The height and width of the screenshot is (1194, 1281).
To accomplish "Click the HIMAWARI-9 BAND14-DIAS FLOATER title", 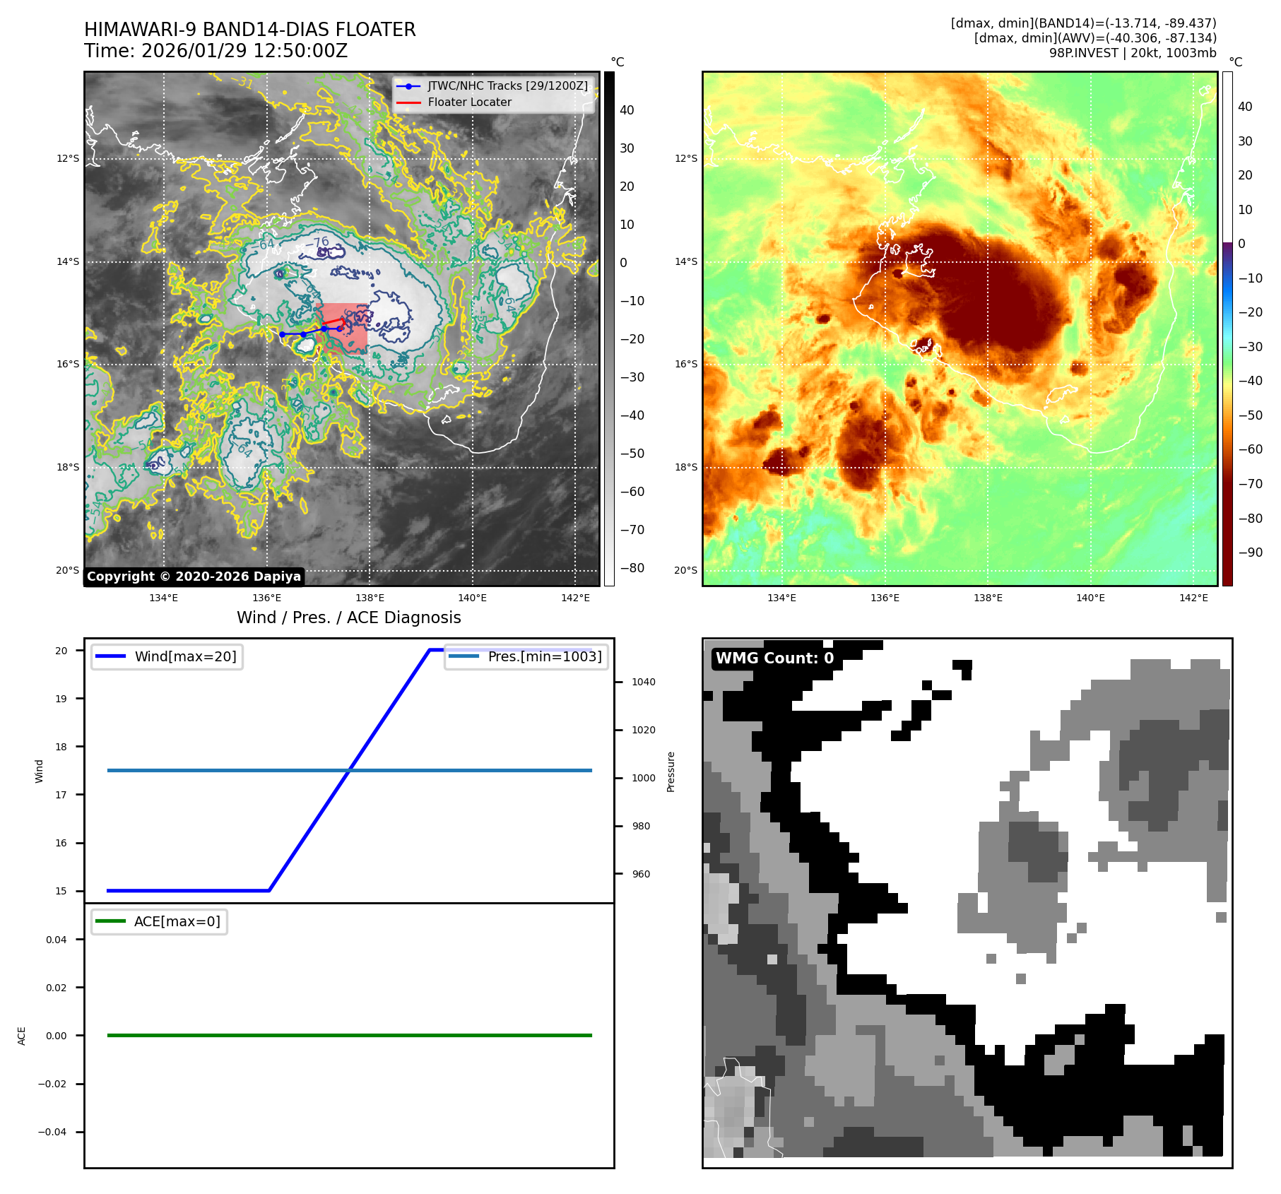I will coord(249,30).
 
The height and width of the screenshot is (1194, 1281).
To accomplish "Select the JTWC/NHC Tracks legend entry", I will coord(507,85).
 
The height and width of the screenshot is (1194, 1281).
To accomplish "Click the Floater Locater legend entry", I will coord(469,102).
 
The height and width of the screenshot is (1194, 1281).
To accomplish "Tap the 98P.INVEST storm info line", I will coord(1132,53).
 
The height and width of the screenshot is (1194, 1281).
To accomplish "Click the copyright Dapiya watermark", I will coord(194,577).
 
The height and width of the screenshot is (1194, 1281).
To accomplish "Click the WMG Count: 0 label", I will coord(774,658).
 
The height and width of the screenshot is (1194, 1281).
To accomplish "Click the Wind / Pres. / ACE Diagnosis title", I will coord(348,617).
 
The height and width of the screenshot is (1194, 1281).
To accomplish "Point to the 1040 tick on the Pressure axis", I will coord(643,682).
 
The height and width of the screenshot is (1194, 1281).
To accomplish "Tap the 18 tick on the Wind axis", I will coord(61,747).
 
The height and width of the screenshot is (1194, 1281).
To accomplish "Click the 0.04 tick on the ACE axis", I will coord(57,940).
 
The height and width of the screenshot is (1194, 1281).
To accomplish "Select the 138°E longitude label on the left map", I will coord(370,598).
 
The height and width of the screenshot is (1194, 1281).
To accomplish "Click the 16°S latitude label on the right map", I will coord(685,365).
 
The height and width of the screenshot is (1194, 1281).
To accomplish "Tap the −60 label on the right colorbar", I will coord(1250,449).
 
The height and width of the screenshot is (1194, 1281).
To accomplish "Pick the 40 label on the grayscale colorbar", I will coord(627,110).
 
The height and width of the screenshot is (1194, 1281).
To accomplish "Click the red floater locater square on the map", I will coord(343,328).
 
